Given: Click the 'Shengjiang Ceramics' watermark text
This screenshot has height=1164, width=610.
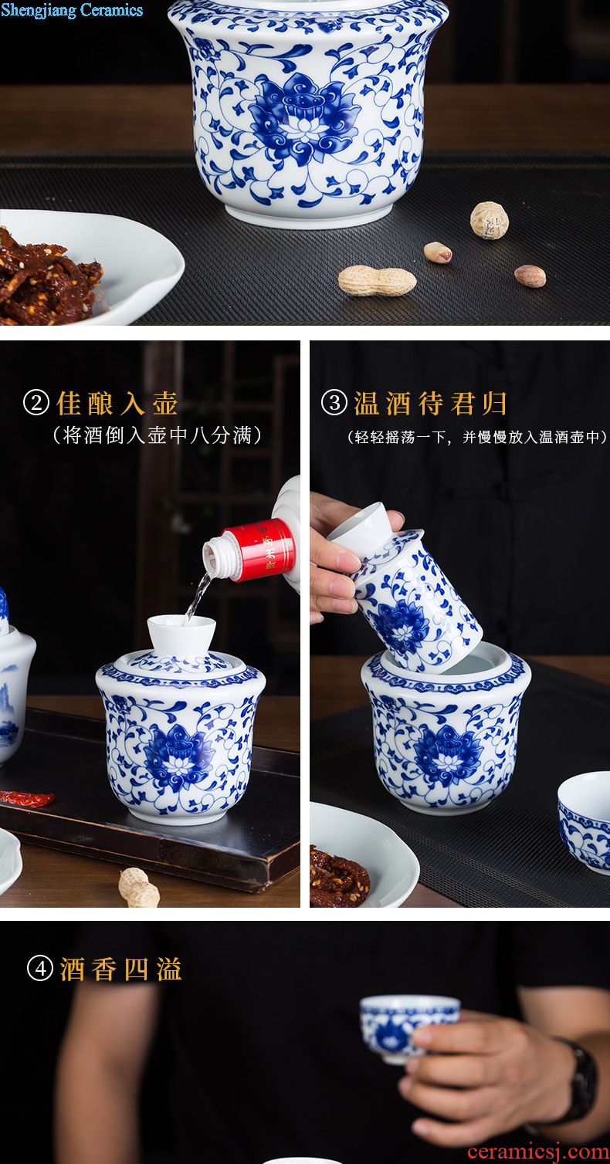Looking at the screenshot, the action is pyautogui.click(x=72, y=10).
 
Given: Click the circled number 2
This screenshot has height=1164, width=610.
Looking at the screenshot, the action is pyautogui.click(x=36, y=403).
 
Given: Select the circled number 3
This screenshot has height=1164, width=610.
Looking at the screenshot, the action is pyautogui.click(x=334, y=403).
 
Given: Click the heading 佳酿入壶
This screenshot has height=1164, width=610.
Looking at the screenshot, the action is pyautogui.click(x=117, y=403).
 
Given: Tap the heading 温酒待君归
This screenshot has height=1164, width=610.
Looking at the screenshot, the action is pyautogui.click(x=431, y=403).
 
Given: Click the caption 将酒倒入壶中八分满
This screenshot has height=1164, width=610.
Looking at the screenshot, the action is pyautogui.click(x=158, y=435).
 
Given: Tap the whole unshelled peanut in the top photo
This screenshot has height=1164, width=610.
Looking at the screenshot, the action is pyautogui.click(x=377, y=281).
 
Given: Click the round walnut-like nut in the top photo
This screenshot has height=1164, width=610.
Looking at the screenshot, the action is pyautogui.click(x=489, y=220).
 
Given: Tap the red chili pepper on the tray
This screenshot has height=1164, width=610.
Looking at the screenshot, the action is pyautogui.click(x=27, y=797).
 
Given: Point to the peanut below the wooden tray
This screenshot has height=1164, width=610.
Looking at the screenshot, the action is pyautogui.click(x=139, y=888).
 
